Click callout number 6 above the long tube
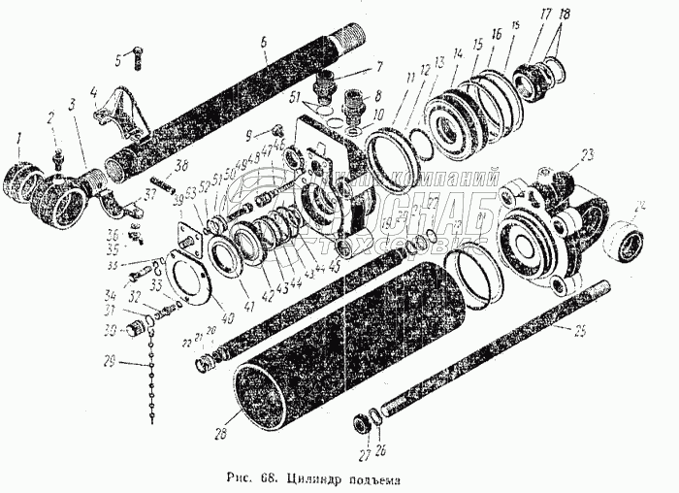(x=262, y=42)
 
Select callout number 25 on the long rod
(x=581, y=332)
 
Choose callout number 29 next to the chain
(x=111, y=360)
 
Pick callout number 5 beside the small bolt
(x=119, y=60)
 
